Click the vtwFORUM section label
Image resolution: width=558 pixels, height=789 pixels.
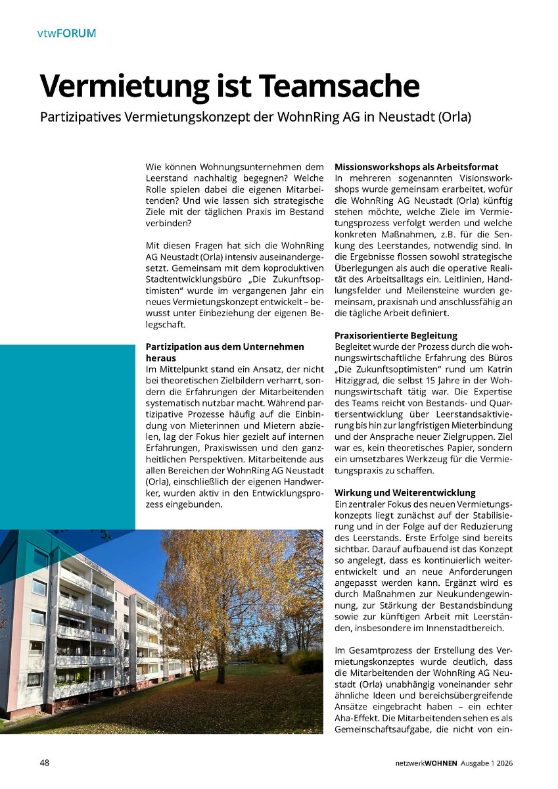(x=66, y=33)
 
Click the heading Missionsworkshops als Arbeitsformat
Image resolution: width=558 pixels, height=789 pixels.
(x=416, y=167)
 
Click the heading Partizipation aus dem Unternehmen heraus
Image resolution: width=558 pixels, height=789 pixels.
(x=224, y=347)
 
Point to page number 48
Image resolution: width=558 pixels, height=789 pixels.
(x=45, y=763)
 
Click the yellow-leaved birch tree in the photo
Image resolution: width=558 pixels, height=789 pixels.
(x=223, y=592)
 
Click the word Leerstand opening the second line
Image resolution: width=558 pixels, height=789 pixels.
(x=167, y=178)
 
